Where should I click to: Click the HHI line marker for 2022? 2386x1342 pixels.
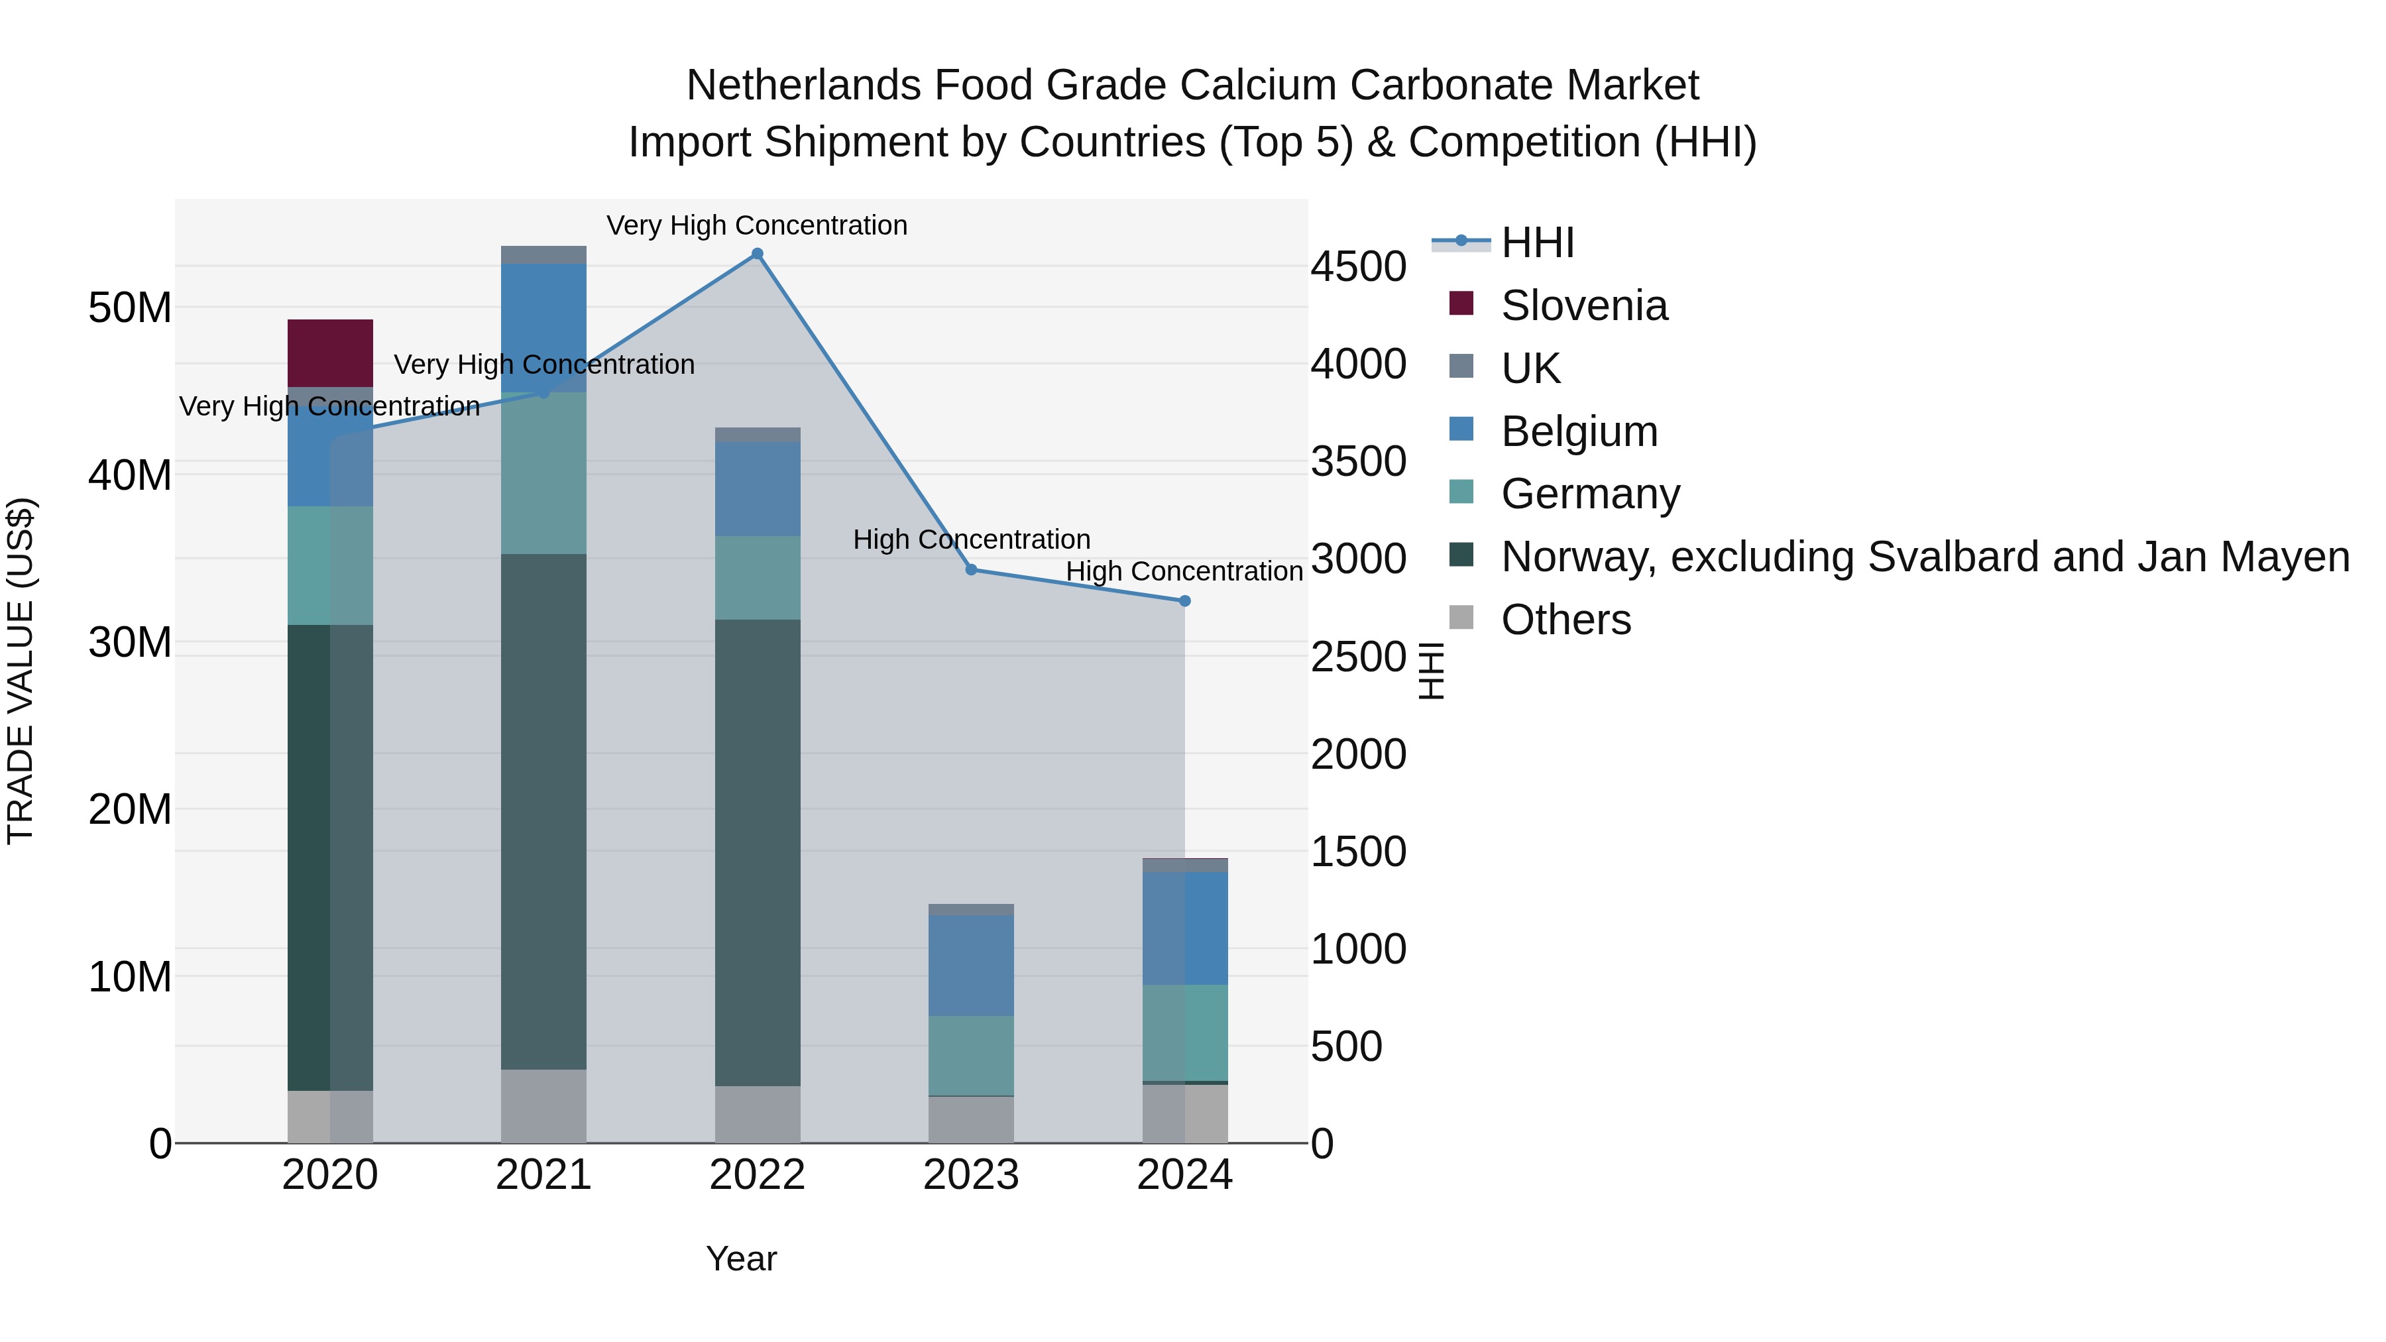[757, 254]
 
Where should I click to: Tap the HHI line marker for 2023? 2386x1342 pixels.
[971, 569]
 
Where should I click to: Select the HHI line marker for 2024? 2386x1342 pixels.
[1184, 601]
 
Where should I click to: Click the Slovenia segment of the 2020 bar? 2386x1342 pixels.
[330, 353]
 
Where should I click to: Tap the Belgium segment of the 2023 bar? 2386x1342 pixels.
[971, 965]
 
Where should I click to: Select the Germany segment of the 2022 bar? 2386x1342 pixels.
[757, 578]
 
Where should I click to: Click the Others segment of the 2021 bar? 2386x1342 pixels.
[543, 1106]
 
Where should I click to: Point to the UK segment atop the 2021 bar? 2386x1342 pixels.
[543, 254]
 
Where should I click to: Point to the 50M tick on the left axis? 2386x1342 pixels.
[130, 308]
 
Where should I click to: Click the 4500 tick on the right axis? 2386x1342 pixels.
[1358, 266]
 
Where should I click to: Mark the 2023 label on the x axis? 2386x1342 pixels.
[971, 1175]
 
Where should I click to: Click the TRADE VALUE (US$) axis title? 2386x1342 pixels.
[21, 671]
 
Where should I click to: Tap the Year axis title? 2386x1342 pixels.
[741, 1258]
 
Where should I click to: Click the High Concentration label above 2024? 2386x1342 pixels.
[1184, 571]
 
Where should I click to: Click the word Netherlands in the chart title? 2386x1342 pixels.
[803, 85]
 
